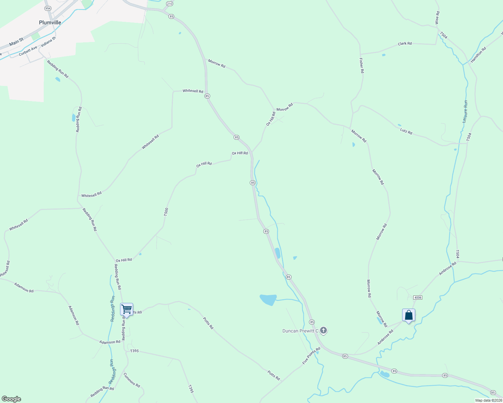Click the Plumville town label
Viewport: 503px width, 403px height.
click(50, 23)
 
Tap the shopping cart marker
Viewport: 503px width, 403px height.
click(126, 309)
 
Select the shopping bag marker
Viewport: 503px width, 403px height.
click(409, 315)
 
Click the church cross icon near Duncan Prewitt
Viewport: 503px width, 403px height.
click(323, 330)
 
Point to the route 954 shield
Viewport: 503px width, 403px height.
click(48, 8)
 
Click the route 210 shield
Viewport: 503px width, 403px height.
click(169, 4)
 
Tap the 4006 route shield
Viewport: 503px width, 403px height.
click(418, 298)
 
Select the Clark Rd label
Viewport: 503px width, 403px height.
click(405, 44)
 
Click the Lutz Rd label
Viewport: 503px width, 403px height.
click(406, 132)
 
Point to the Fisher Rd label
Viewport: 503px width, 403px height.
click(361, 65)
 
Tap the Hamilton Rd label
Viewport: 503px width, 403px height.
click(478, 55)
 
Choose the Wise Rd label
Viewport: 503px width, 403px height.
click(437, 18)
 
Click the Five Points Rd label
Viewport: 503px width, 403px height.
click(311, 356)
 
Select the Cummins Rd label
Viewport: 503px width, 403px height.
click(131, 380)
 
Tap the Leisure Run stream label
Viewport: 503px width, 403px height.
click(465, 111)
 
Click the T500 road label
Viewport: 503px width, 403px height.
click(166, 212)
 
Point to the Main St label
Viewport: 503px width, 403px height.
click(16, 42)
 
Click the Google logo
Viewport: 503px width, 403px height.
click(11, 399)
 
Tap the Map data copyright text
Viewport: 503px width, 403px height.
click(489, 400)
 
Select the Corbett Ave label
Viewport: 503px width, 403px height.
click(28, 51)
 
